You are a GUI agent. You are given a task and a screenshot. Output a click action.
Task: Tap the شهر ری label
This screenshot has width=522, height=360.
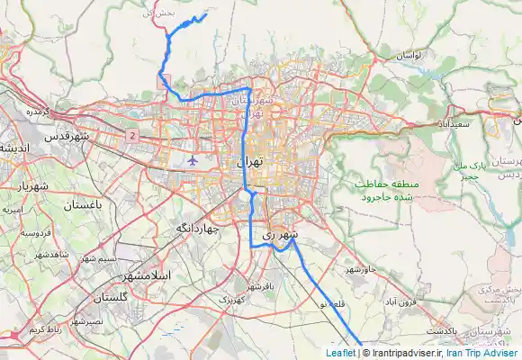[279, 234]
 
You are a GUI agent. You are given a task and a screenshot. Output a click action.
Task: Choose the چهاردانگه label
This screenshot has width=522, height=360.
[198, 229]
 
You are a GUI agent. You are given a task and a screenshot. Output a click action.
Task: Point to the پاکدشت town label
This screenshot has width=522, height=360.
[443, 331]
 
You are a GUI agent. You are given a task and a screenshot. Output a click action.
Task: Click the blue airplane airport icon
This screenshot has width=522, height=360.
[193, 160]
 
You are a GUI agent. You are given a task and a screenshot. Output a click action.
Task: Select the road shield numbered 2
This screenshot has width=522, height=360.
[133, 135]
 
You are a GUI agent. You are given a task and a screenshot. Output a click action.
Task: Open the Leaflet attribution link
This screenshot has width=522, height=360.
[340, 353]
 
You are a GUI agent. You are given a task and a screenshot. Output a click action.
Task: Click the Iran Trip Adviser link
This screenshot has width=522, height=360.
[486, 353]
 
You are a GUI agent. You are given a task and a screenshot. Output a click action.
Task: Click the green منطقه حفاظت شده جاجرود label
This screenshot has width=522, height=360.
[382, 189]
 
